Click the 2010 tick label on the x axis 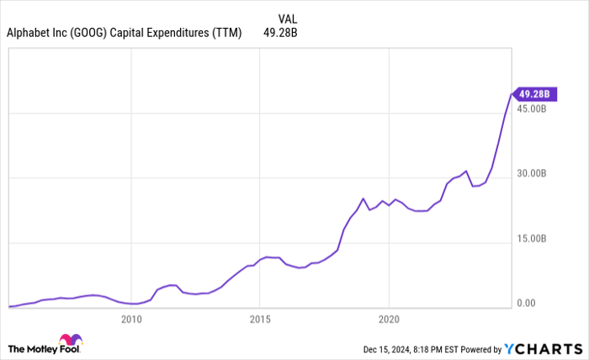click(130, 319)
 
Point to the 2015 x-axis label click(259, 319)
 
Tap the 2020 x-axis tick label click(389, 319)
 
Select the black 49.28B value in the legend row click(281, 34)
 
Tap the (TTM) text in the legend click(229, 34)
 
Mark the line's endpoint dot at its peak click(512, 93)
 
